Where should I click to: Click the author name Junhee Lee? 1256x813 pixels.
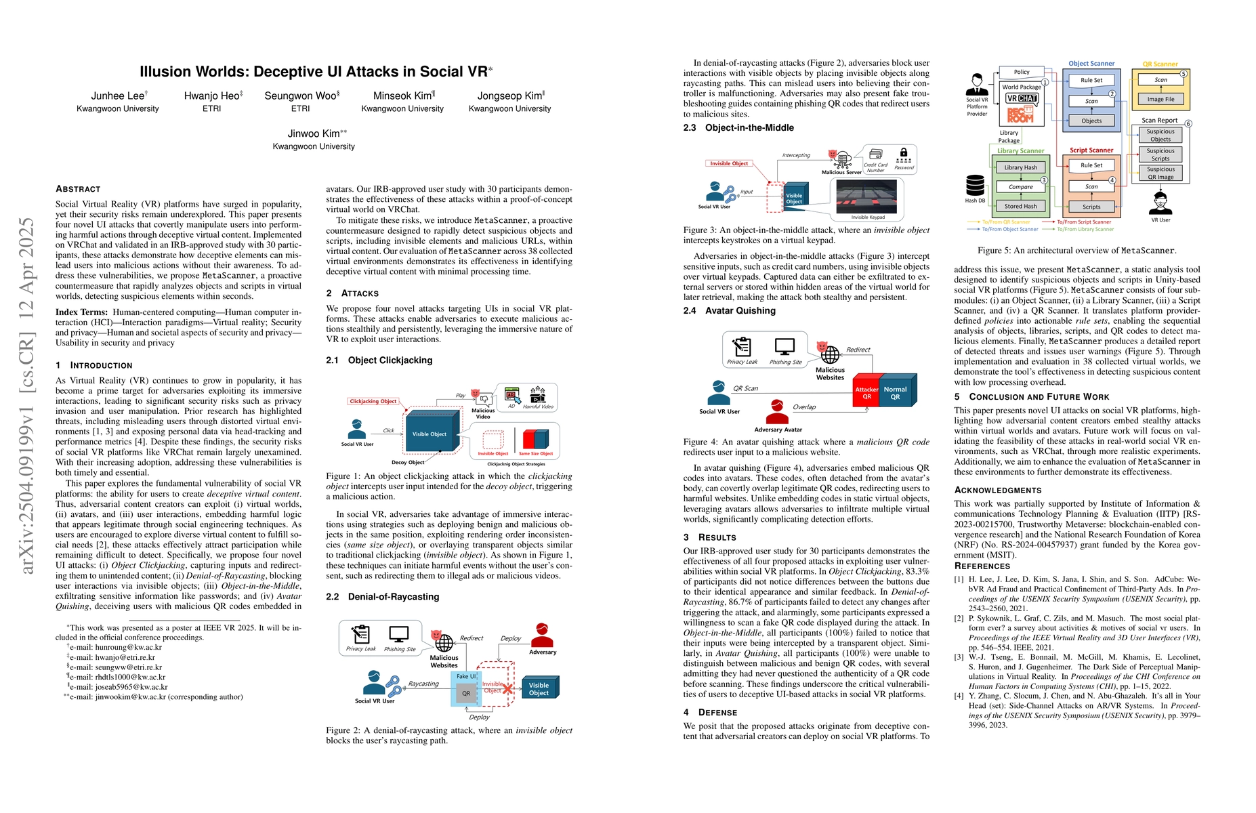[x=118, y=96]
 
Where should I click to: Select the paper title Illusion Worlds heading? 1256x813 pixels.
[x=313, y=72]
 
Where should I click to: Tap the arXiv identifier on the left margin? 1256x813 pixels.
[x=27, y=396]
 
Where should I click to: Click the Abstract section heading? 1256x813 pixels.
[x=78, y=189]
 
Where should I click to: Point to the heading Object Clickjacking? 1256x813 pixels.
[x=390, y=360]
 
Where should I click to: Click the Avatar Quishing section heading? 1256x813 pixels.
[x=740, y=311]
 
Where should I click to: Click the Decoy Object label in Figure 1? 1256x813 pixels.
[x=408, y=463]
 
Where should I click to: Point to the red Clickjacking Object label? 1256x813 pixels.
[x=373, y=401]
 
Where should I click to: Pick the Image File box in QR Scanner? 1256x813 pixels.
[x=1160, y=100]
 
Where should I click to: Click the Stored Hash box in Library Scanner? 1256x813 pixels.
[x=1020, y=207]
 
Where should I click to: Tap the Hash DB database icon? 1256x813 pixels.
[x=976, y=185]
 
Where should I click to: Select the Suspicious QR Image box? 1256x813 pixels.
[x=1160, y=173]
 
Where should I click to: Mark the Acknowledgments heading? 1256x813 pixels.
[x=998, y=490]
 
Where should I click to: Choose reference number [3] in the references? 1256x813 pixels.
[x=959, y=657]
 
